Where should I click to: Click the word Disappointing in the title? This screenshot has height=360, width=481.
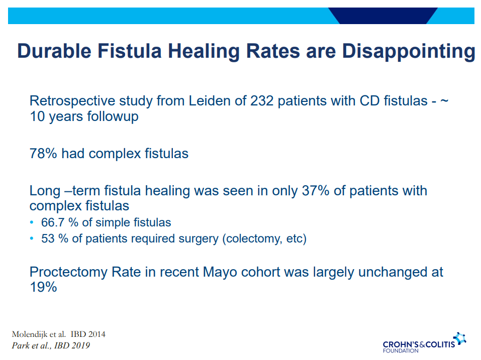pyautogui.click(x=409, y=51)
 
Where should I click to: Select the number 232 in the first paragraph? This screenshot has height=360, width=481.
pyautogui.click(x=262, y=101)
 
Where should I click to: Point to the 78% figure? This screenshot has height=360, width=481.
pyautogui.click(x=43, y=154)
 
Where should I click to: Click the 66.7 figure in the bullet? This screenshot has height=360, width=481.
pyautogui.click(x=53, y=223)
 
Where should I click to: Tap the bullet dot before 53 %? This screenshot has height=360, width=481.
pyautogui.click(x=32, y=238)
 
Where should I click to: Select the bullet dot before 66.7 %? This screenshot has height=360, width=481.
pyautogui.click(x=32, y=222)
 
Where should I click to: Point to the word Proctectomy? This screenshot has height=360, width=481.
pyautogui.click(x=68, y=272)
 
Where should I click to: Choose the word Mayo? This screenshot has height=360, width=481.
pyautogui.click(x=220, y=272)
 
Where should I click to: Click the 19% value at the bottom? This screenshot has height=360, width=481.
pyautogui.click(x=43, y=287)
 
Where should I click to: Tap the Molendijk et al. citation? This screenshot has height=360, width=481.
pyautogui.click(x=59, y=334)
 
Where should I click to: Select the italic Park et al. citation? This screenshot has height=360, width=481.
pyautogui.click(x=51, y=345)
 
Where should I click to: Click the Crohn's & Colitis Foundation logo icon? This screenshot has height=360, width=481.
pyautogui.click(x=460, y=339)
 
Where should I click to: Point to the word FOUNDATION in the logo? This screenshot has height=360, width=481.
pyautogui.click(x=401, y=351)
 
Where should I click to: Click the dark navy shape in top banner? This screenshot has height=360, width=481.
pyautogui.click(x=383, y=16)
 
